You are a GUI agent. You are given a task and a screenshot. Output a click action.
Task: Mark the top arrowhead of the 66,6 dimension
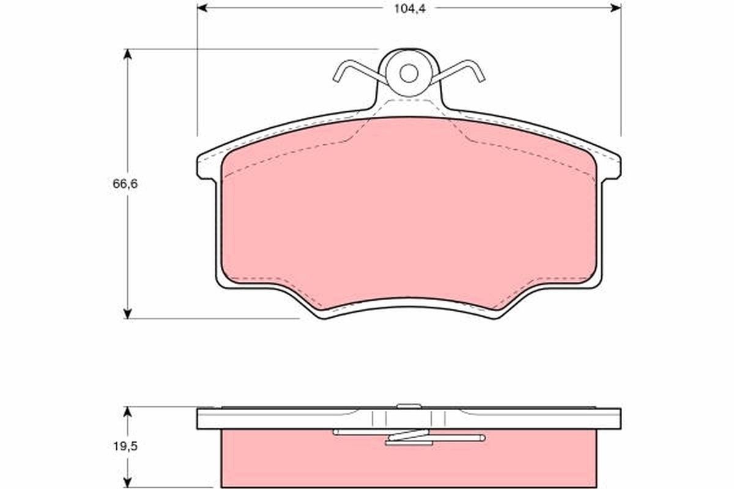click(x=127, y=54)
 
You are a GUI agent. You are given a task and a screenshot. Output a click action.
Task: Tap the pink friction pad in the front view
click(x=408, y=214)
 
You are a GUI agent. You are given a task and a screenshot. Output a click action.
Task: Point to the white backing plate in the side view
click(x=275, y=419)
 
